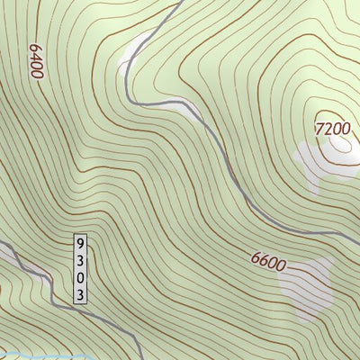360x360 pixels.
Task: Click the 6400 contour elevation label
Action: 36,60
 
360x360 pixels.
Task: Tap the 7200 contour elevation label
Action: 332,129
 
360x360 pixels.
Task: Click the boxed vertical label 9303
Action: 81,268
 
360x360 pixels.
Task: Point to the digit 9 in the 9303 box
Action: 81,243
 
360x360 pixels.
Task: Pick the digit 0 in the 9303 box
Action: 81,277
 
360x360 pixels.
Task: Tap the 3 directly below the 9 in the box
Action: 81,260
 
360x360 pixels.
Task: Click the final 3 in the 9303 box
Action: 81,293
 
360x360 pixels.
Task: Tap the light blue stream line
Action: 27,355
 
